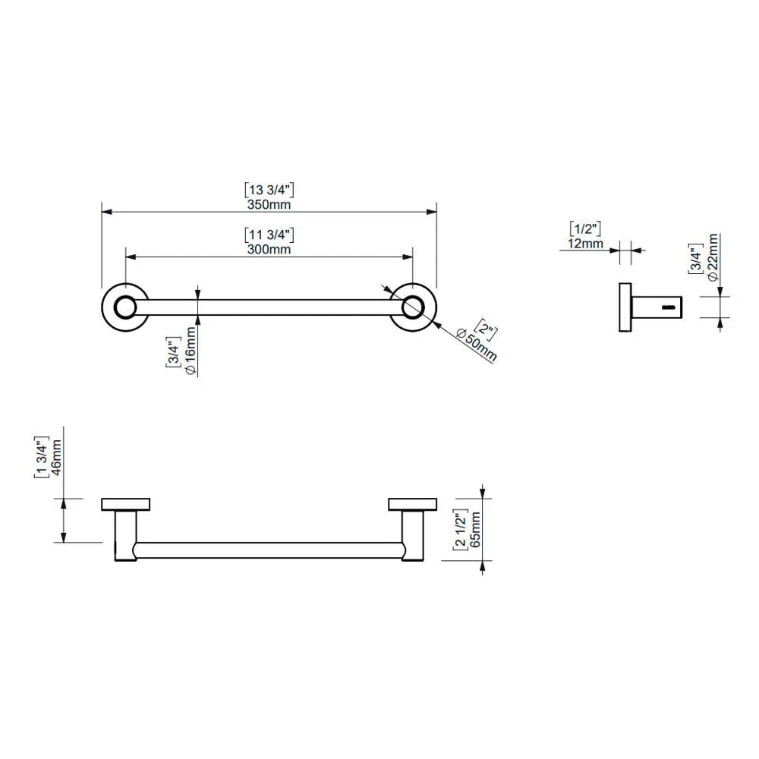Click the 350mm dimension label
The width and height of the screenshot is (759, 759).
coord(269,204)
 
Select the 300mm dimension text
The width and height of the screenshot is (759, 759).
coord(269,249)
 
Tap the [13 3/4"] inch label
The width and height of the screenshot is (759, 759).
coord(269,191)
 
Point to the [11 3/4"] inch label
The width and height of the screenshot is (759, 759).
coord(269,235)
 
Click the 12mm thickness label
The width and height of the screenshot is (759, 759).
coord(585,244)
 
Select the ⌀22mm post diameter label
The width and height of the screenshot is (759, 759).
coord(712,257)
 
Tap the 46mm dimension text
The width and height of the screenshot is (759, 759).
coord(56,458)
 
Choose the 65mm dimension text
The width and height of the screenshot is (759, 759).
coord(475,530)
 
